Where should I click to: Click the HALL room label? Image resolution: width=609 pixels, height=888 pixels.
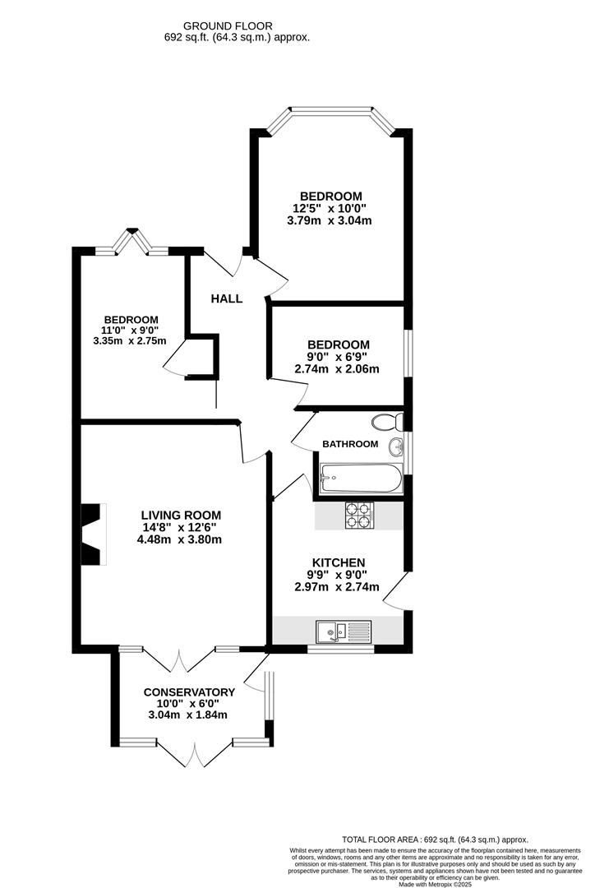(226, 298)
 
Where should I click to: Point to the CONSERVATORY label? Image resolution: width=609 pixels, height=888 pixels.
(189, 692)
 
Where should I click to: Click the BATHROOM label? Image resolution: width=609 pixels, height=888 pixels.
(350, 444)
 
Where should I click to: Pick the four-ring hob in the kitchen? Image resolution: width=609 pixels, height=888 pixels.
(358, 514)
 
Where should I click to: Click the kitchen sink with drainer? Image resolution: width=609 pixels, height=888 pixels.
(344, 631)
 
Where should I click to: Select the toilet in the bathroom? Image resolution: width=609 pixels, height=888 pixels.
(385, 423)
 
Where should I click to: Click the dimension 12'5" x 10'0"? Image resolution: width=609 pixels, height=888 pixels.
(331, 208)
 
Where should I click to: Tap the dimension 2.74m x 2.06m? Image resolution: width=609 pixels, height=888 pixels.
(338, 369)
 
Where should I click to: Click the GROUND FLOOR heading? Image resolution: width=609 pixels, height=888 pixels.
(228, 25)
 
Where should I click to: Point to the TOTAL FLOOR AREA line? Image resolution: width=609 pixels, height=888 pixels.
(436, 839)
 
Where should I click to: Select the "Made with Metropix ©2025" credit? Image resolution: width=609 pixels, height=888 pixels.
(436, 884)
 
